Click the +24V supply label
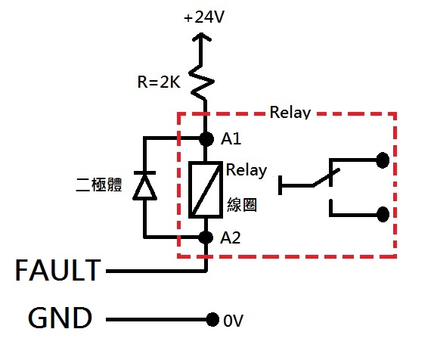tap(204, 17)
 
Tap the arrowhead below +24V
tap(202, 37)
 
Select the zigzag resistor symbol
tap(202, 82)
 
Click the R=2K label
tap(159, 82)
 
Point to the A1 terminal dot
tap(206, 138)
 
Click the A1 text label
tap(231, 138)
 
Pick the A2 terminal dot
tap(206, 237)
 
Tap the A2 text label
tap(231, 237)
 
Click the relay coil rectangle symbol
tap(206, 190)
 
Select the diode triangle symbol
tap(144, 186)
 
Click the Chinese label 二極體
tap(99, 185)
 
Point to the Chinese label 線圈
tap(242, 205)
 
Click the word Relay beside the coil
tap(246, 170)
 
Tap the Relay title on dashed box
tap(290, 113)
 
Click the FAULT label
tap(58, 270)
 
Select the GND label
tap(60, 318)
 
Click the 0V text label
tap(233, 321)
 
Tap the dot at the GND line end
tap(212, 320)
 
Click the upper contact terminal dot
tap(383, 160)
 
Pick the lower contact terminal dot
tap(383, 214)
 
